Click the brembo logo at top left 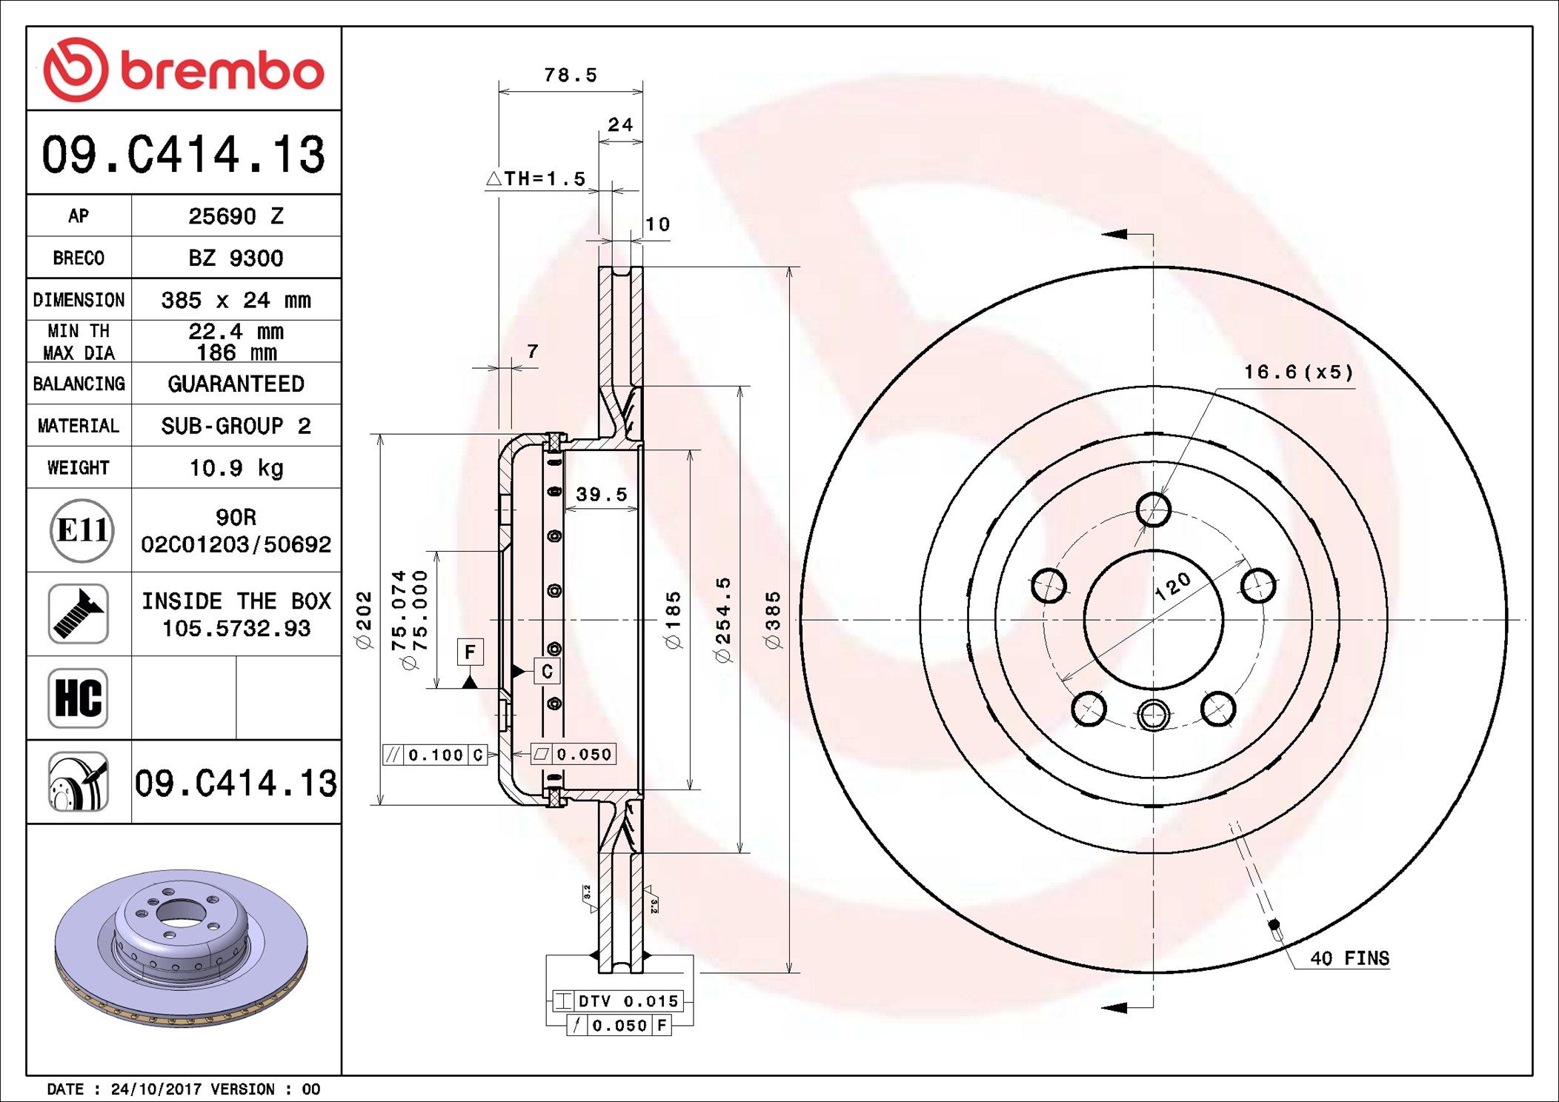coord(184,70)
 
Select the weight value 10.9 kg coord(236,468)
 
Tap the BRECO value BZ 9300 coord(236,258)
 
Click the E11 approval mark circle coord(82,530)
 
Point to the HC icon coord(79,698)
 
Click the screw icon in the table coord(79,614)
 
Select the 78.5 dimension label coord(571,75)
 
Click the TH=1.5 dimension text coord(536,178)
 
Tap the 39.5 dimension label coord(602,494)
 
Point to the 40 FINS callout coord(1349,958)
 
